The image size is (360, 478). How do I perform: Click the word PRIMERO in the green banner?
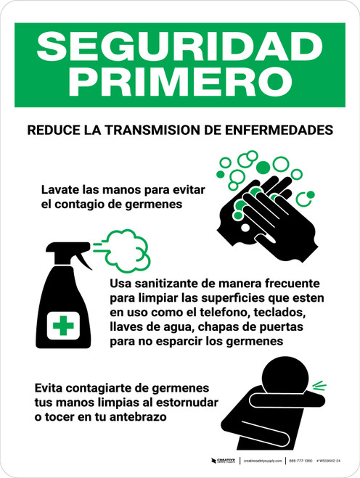[x=179, y=81]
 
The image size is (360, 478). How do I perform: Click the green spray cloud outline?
[x=125, y=246]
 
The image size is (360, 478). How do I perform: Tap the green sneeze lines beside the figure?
[x=320, y=385]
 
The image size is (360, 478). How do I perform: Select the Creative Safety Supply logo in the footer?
[x=224, y=461]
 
